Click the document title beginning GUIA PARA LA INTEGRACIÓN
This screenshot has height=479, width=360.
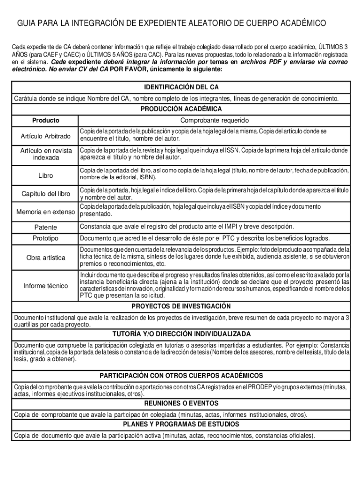click(x=172, y=23)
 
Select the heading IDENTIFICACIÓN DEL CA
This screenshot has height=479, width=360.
click(x=181, y=87)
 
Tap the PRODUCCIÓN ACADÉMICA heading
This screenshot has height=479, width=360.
click(x=181, y=109)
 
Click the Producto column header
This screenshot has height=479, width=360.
click(x=45, y=120)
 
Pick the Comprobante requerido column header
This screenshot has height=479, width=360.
click(x=211, y=120)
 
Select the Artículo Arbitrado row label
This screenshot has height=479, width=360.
click(x=45, y=136)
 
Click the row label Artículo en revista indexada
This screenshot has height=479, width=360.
click(x=46, y=154)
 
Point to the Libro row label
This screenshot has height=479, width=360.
click(x=45, y=176)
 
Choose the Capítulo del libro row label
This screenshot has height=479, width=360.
click(x=46, y=194)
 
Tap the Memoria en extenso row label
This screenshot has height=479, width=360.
click(x=46, y=212)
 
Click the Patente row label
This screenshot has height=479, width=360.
click(x=45, y=227)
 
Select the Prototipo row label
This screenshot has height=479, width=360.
click(x=45, y=239)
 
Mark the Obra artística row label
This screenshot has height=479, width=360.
click(x=46, y=258)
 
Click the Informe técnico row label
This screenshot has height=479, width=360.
click(x=46, y=286)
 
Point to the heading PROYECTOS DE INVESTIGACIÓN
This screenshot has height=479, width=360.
click(x=181, y=306)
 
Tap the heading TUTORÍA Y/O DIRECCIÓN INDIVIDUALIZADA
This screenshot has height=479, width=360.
click(x=181, y=334)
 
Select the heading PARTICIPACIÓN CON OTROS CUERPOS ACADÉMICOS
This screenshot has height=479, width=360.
click(x=181, y=376)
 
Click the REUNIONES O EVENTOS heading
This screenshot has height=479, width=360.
click(x=181, y=403)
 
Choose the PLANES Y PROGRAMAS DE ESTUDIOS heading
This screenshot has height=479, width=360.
click(x=181, y=424)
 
